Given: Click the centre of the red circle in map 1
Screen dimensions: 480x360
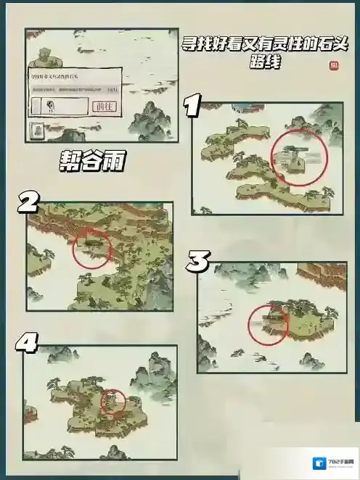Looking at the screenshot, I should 299,157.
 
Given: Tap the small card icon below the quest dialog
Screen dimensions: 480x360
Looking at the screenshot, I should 36,131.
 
